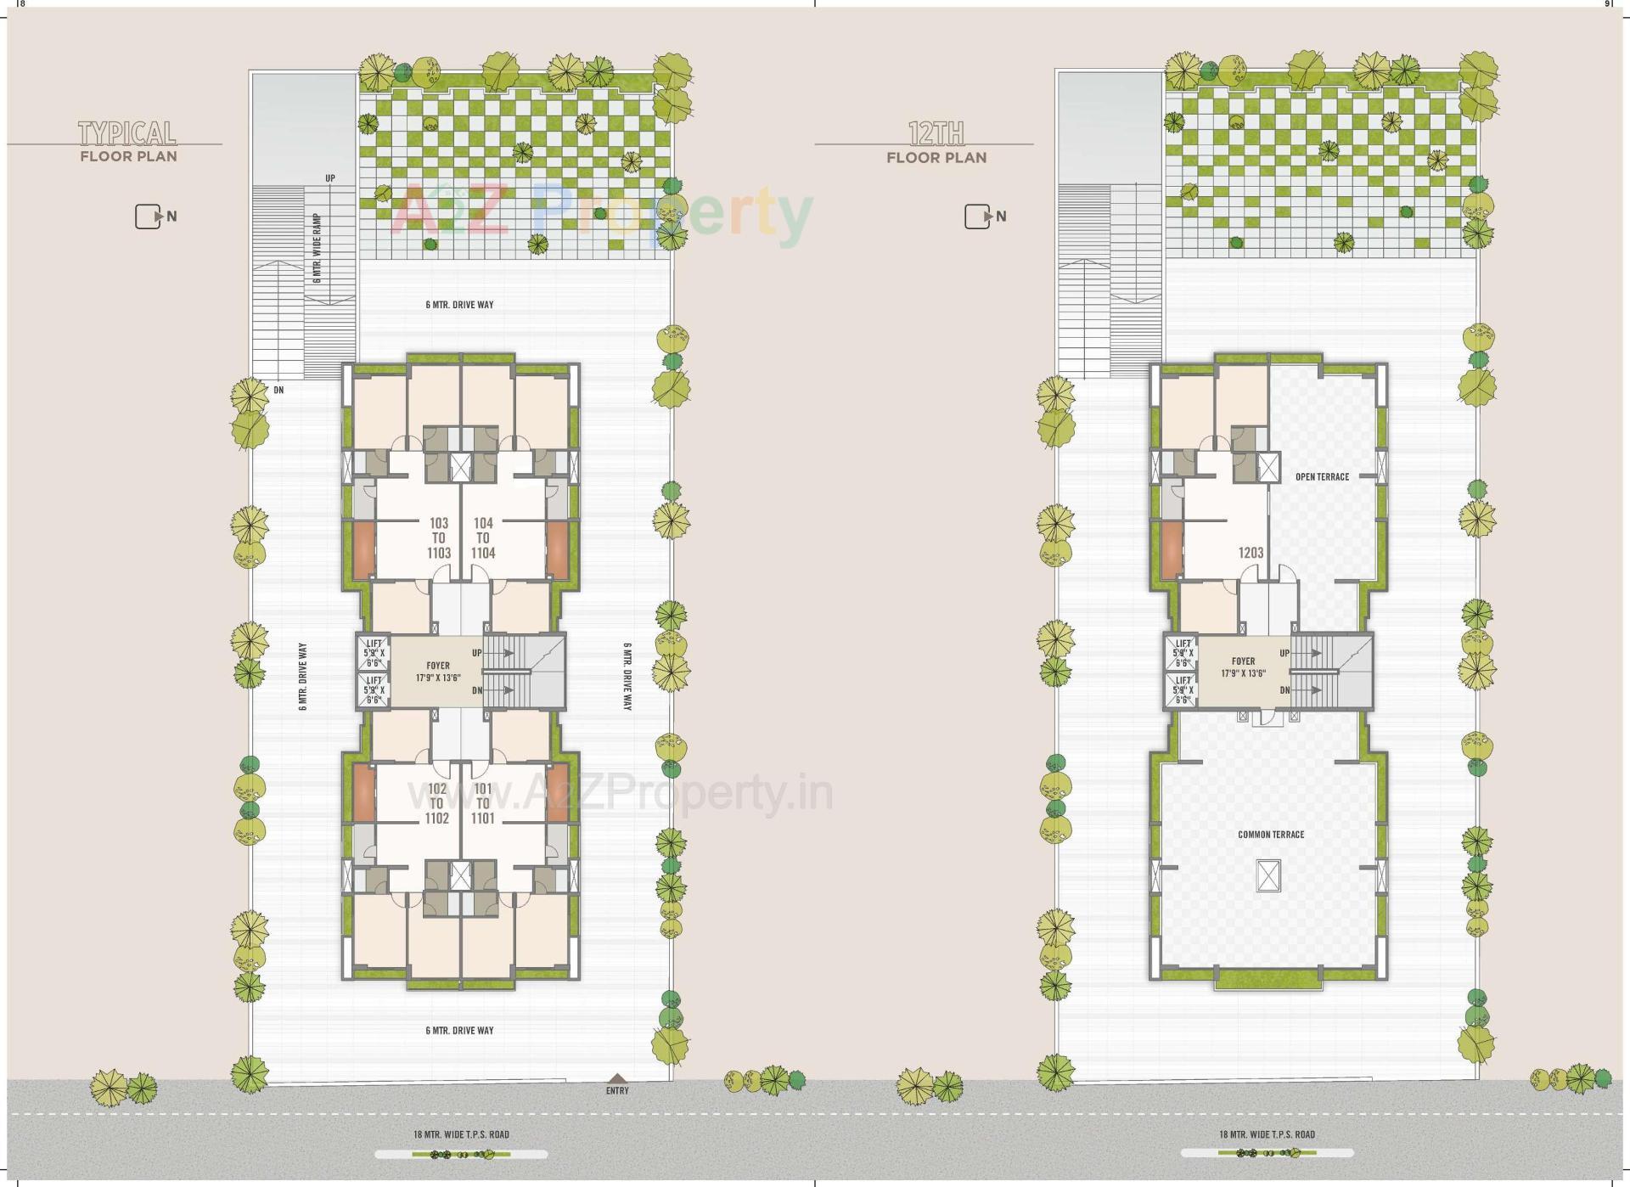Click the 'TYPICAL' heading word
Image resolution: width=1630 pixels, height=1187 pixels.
[x=127, y=133]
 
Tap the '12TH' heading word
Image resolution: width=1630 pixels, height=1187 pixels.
[x=936, y=134]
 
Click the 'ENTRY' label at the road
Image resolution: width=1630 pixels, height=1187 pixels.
[x=617, y=1090]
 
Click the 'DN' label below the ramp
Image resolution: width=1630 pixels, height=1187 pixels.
[x=278, y=391]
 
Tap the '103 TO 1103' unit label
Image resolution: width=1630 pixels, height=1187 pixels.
[x=439, y=538]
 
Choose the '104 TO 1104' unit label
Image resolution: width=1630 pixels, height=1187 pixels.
[x=483, y=538]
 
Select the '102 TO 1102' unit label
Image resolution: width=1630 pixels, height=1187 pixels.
[x=436, y=803]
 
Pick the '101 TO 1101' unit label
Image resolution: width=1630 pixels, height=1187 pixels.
[x=482, y=803]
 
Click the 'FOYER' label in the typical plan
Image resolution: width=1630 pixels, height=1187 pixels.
[x=438, y=666]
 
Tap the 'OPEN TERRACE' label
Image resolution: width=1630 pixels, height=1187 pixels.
[x=1322, y=477]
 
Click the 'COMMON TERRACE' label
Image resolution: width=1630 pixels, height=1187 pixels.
[x=1271, y=835]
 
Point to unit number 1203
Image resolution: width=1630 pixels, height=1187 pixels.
[x=1251, y=553]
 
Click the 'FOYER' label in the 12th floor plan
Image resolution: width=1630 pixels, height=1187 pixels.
[x=1243, y=661]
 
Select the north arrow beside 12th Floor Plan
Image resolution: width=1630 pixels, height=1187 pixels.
[x=979, y=217]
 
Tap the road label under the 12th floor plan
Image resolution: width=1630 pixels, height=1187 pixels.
[x=1267, y=1134]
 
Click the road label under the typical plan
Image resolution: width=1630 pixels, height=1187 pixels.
[x=461, y=1134]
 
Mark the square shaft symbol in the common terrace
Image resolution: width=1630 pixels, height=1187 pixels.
[x=1267, y=874]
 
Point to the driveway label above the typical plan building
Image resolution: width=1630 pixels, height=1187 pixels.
[x=459, y=305]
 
